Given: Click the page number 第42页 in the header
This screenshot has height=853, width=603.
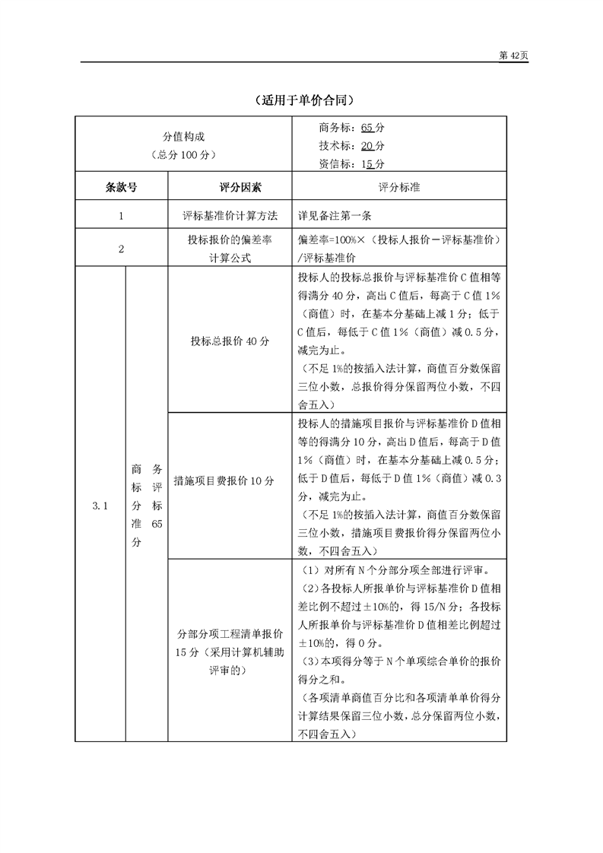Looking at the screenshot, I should click(x=513, y=56).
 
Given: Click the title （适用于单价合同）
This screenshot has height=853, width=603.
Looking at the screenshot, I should click(x=301, y=100).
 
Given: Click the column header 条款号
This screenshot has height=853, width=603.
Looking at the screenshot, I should click(x=121, y=186).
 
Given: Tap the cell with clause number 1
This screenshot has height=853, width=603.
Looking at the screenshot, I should click(x=121, y=215).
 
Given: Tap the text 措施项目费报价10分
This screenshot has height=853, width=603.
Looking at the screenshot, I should click(x=224, y=480).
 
